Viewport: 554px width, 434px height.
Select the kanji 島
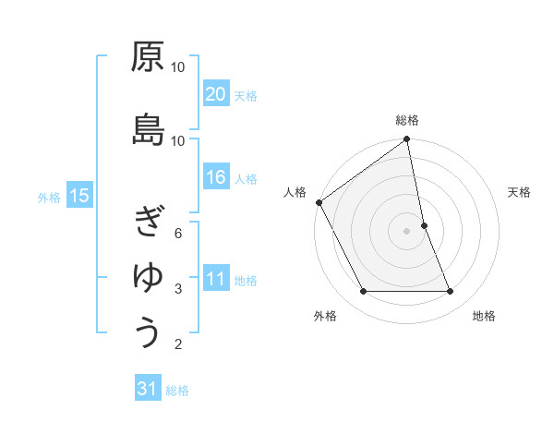[148, 129]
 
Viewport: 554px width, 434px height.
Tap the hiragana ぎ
[148, 222]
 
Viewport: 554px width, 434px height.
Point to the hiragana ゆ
[148, 277]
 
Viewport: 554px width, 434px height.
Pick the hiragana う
[148, 332]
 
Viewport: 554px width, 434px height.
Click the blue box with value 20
[216, 94]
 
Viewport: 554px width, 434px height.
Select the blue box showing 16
[216, 178]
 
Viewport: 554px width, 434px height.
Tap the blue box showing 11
[216, 280]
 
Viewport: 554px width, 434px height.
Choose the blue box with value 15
[79, 196]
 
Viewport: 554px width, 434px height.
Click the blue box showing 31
[148, 390]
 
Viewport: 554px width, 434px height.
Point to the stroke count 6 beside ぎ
[178, 233]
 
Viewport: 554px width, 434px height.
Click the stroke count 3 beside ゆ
[178, 289]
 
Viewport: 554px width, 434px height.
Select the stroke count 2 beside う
[178, 345]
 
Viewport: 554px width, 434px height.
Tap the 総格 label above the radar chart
[406, 120]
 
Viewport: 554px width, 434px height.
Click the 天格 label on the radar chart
[520, 192]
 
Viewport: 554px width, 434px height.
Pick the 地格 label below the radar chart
[484, 316]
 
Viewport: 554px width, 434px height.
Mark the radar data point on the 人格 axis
[319, 202]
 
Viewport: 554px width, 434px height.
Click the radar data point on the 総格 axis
[406, 139]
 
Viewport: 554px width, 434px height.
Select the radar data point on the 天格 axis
[424, 224]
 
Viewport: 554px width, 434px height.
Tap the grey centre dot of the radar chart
[406, 230]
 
